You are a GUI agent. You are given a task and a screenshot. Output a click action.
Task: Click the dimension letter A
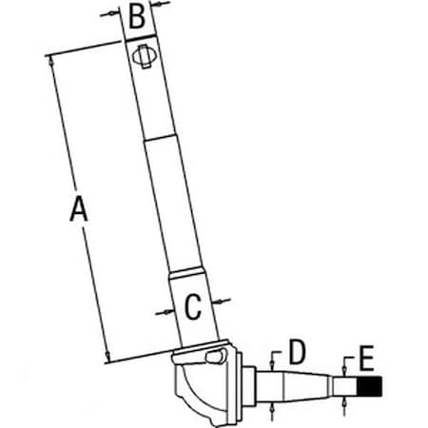coord(79,208)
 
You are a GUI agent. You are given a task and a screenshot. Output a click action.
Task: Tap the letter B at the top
coord(137,16)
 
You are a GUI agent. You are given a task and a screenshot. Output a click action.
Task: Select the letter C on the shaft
coord(192,307)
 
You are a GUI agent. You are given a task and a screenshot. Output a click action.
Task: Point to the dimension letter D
coord(297,352)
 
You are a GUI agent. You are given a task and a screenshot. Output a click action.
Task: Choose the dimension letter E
coord(367,359)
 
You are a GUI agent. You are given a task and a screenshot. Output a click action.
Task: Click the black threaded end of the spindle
coord(370,387)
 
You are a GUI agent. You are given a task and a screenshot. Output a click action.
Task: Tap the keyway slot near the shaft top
coord(145,56)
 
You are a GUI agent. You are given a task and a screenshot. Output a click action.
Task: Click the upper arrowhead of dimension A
coord(50,62)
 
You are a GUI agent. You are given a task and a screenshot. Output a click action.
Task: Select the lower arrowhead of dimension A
coord(107,357)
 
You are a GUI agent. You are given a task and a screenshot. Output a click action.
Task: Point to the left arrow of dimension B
coord(111,13)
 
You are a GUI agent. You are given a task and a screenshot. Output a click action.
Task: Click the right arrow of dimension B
coord(160,4)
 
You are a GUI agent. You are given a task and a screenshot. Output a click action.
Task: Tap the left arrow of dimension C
coord(165,313)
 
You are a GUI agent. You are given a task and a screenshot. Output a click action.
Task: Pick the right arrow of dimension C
coord(221,301)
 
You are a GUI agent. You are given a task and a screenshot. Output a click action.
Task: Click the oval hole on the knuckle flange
coord(216,357)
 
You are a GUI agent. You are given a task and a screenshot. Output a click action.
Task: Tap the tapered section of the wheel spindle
coord(305,386)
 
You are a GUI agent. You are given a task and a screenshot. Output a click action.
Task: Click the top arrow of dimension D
coord(272,364)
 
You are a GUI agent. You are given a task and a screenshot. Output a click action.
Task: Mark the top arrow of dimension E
coord(344,370)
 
